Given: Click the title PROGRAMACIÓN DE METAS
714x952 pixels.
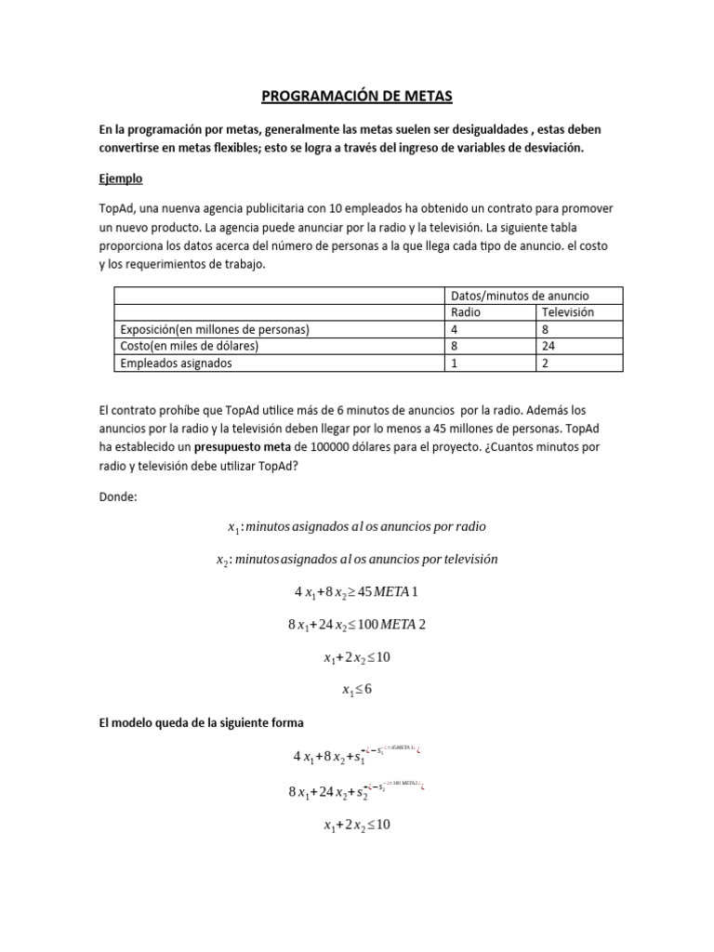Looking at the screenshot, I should [x=356, y=95].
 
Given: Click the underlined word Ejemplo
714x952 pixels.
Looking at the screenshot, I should [x=120, y=178].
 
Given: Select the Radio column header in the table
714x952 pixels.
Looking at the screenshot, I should [x=466, y=312].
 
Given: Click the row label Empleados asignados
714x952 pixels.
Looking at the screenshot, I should [x=177, y=364].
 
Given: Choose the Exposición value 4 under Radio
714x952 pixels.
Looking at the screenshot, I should [x=455, y=329].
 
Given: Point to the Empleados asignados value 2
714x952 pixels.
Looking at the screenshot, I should [x=547, y=364].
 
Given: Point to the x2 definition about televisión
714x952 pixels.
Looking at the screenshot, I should [x=356, y=560].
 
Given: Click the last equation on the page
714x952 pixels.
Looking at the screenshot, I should [x=356, y=825].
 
